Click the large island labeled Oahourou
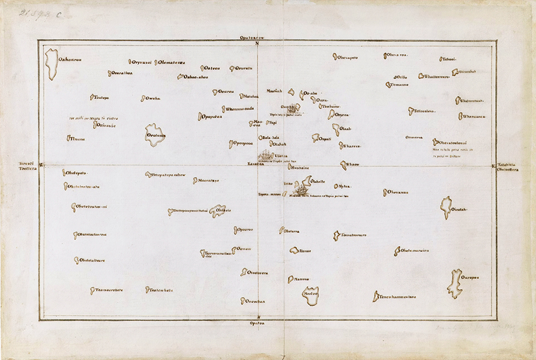[52, 64]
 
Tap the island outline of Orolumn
[154, 134]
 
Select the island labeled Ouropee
[454, 284]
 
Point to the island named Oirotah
[445, 206]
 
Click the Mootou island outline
[310, 295]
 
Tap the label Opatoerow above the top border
[256, 37]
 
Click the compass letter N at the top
[257, 43]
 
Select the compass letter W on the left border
[40, 165]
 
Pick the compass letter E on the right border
[493, 166]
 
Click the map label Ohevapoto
[348, 58]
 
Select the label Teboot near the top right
[449, 59]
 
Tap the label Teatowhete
[161, 290]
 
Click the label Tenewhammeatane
[397, 296]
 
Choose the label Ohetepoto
[77, 173]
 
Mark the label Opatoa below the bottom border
[256, 323]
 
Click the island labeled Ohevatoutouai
[436, 142]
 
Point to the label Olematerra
[172, 62]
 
